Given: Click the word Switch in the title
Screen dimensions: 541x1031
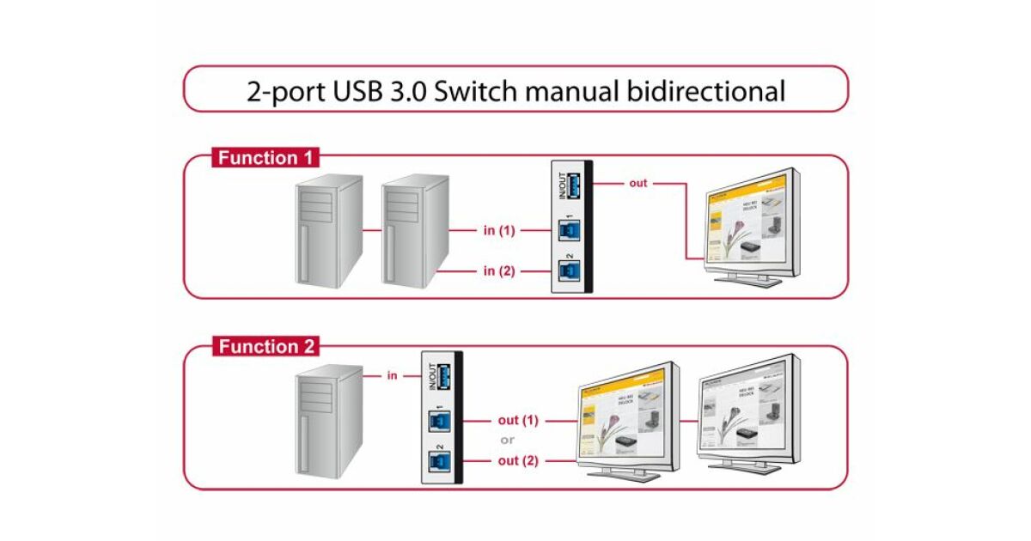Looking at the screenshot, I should (474, 90).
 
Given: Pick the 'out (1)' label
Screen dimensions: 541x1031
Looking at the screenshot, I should (517, 421).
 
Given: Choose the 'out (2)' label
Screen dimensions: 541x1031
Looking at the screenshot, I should (517, 461).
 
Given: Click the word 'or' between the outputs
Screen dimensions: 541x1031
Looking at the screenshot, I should (507, 441).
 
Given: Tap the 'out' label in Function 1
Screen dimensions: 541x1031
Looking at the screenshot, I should (638, 183).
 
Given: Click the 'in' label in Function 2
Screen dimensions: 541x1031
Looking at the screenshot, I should (392, 375).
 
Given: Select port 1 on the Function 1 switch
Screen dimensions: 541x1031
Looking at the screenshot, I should (566, 230).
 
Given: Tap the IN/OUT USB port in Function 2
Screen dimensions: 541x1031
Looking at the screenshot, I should (439, 376).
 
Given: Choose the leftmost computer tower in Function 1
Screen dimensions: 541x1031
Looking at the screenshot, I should (327, 232).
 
